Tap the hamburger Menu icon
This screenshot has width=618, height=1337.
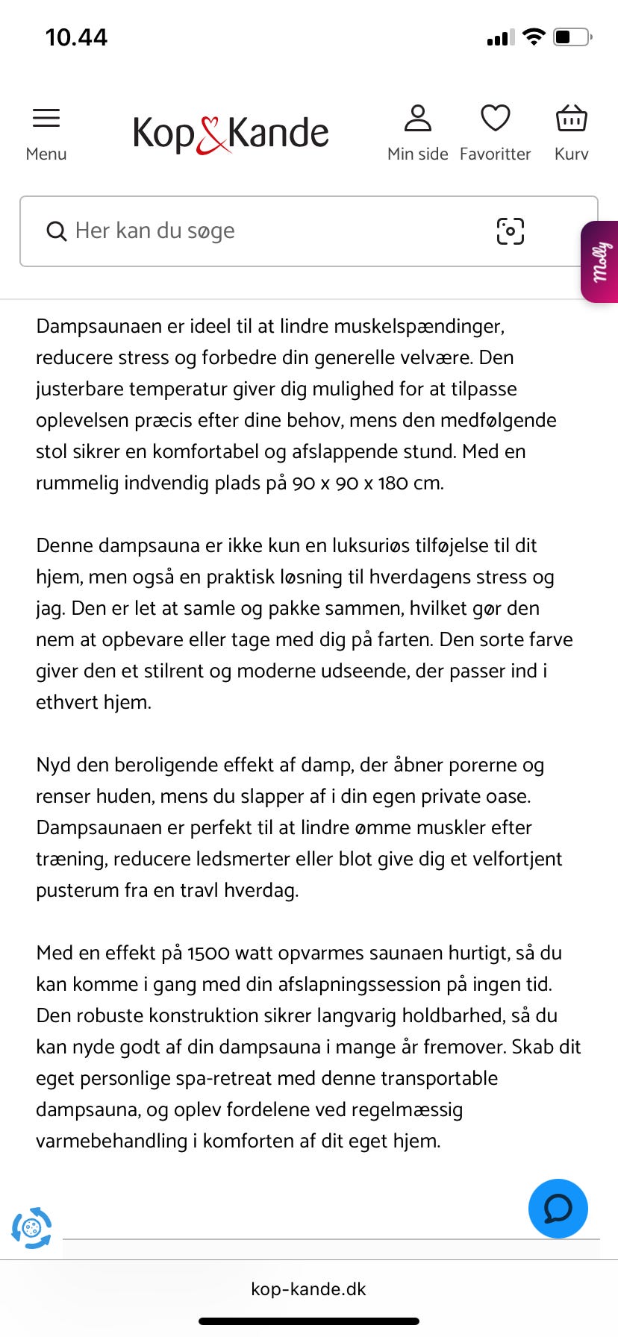[46, 119]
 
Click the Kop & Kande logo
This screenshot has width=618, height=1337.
[231, 134]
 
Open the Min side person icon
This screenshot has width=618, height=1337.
[418, 119]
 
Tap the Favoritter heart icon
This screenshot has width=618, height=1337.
[495, 119]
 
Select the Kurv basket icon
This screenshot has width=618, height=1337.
[572, 119]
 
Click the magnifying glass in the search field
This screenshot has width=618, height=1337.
[56, 231]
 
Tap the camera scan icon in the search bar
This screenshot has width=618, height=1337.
[511, 231]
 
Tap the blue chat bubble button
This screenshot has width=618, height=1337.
[558, 1209]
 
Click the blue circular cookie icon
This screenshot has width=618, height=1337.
[31, 1228]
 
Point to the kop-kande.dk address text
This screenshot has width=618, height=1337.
[309, 1289]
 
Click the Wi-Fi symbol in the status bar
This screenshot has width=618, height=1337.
[534, 37]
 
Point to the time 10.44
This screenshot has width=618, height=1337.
[76, 37]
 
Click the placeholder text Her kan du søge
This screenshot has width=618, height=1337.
[155, 231]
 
